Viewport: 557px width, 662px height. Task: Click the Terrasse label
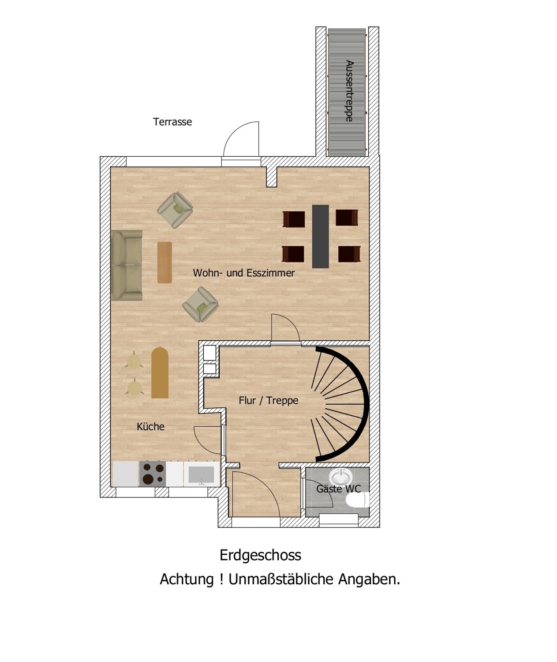172,122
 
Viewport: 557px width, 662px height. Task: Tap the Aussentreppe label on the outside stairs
349,91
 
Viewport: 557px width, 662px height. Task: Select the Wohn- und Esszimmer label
243,273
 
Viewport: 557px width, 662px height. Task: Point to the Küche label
150,426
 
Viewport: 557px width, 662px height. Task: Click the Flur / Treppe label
269,400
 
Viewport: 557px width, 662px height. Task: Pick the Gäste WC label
338,489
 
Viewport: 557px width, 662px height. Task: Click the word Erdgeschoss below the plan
260,555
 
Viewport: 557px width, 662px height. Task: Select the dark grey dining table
320,237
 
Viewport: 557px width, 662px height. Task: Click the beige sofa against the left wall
127,265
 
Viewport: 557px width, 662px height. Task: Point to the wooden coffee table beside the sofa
165,263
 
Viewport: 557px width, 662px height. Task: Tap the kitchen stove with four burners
153,474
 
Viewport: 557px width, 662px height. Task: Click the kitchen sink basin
201,474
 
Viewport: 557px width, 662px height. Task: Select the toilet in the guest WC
358,500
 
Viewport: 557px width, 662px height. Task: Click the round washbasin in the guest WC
340,476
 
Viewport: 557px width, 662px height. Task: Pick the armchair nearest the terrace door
175,210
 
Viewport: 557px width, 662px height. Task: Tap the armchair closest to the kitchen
200,305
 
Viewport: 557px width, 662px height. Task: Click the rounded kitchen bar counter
160,373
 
